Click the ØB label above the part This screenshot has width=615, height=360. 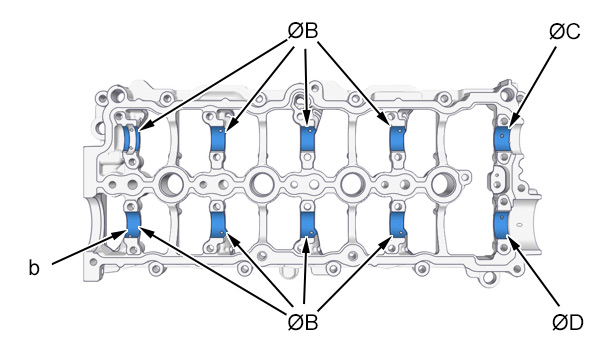point(302,31)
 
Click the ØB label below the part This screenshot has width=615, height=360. point(302,322)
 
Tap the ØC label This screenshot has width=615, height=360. point(564,31)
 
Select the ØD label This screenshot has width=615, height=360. point(568,322)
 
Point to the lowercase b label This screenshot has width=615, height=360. point(34,268)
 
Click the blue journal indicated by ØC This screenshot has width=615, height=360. point(502,139)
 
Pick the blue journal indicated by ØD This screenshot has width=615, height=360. point(501,225)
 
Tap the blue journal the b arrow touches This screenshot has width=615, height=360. point(133,225)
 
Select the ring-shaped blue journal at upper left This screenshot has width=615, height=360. point(131,138)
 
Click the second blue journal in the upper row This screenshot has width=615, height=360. point(218,138)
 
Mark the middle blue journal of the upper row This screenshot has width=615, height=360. point(308,138)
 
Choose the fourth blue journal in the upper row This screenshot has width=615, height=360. point(398,138)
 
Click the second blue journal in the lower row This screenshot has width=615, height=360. point(218,225)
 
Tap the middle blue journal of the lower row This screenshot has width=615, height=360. point(308,225)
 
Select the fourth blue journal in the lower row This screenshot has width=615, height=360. point(398,225)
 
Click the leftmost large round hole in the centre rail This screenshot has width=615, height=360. point(171,183)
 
